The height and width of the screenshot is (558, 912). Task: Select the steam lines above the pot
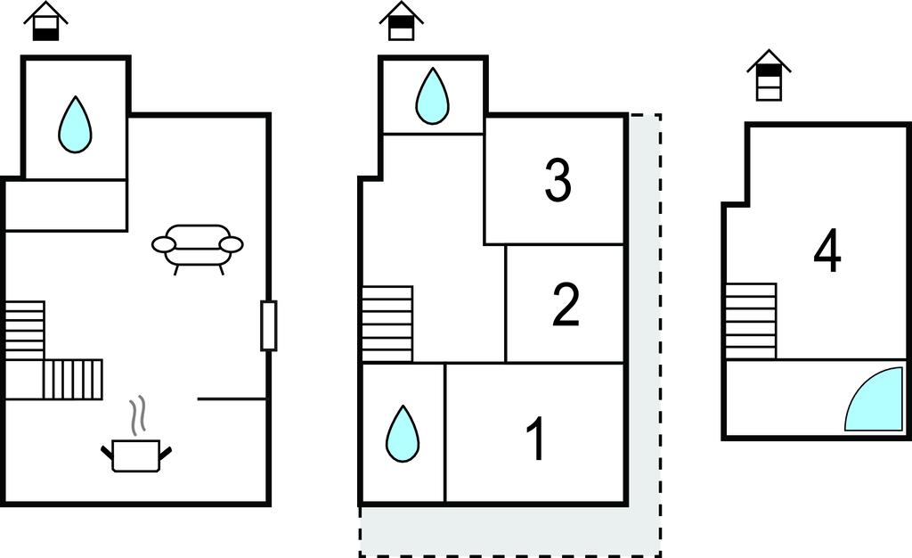(136, 416)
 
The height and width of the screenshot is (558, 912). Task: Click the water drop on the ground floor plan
(76, 125)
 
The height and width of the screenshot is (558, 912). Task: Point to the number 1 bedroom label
(535, 439)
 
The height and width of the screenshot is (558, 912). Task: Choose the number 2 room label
(566, 304)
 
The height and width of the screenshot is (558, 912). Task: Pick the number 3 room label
(558, 180)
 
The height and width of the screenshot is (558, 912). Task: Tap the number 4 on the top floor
(827, 253)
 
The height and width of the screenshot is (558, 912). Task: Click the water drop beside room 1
(403, 433)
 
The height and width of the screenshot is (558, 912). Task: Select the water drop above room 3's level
(432, 96)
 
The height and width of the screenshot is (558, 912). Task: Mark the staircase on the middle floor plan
(387, 324)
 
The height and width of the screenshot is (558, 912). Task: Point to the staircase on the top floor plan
(751, 321)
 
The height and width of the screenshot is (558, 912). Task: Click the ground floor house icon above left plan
(46, 21)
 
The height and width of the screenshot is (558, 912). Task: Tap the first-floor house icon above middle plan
(402, 21)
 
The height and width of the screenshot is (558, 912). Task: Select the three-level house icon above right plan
(769, 75)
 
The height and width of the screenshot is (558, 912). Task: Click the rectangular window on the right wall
(268, 325)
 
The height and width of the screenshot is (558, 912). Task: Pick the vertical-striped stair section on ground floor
(73, 380)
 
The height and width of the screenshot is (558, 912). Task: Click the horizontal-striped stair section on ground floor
(24, 331)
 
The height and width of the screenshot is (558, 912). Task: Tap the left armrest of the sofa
(164, 244)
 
